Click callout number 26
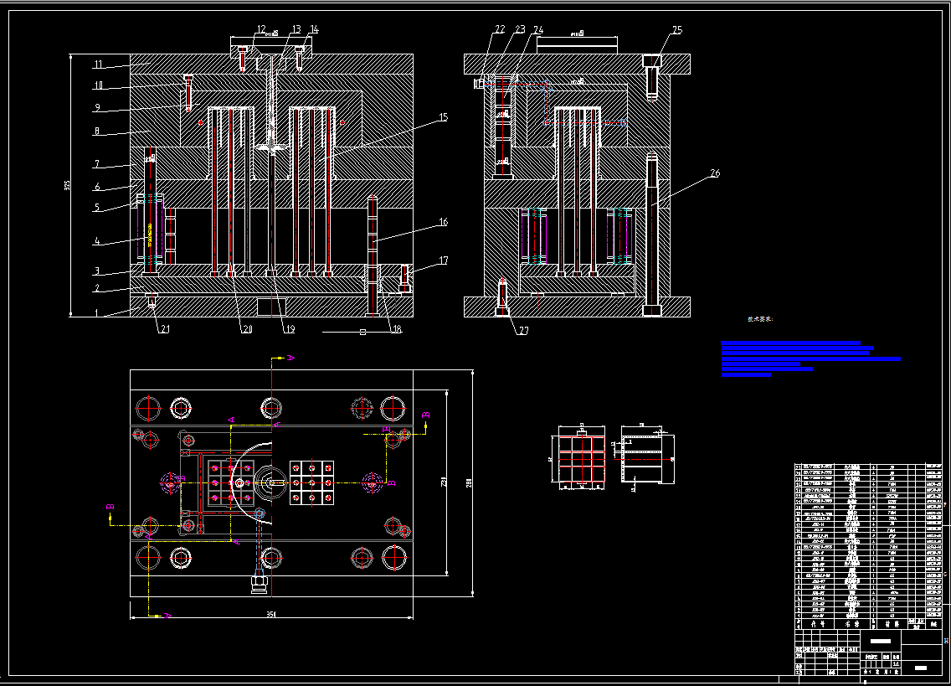tap(714, 173)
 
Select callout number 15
tap(443, 118)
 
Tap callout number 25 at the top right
tap(676, 30)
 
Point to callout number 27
tap(523, 330)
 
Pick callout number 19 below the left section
tap(289, 329)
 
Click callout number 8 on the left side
tap(97, 132)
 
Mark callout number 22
tap(500, 29)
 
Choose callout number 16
tap(443, 222)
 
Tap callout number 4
tap(97, 242)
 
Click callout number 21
tap(165, 329)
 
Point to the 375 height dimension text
tap(68, 185)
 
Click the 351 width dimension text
tap(271, 615)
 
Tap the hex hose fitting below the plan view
tap(258, 580)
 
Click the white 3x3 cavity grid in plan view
tap(311, 482)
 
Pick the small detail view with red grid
tap(580, 461)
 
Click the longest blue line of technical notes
tap(810, 358)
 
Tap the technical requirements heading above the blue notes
tap(760, 319)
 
